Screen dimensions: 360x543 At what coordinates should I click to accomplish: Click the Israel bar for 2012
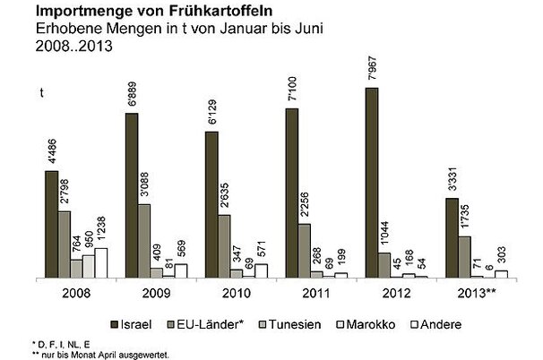tap(371, 183)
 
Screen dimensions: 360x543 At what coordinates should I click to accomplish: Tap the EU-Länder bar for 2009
tap(144, 240)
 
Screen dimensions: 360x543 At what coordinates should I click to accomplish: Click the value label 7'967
tap(371, 70)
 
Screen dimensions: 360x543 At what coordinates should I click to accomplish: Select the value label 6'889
tap(131, 97)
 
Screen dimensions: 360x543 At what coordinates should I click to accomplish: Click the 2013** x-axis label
tap(479, 292)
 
